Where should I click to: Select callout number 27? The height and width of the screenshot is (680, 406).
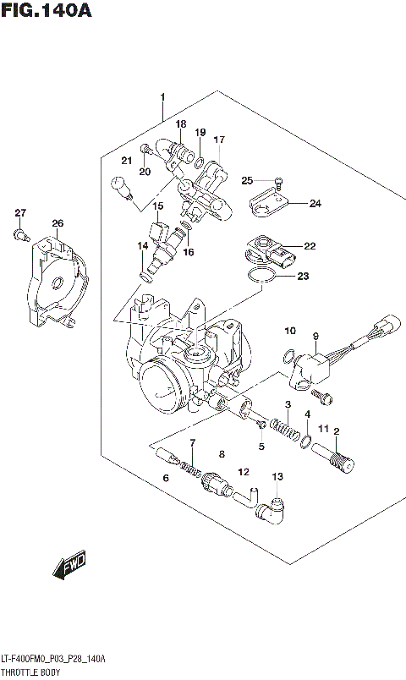coord(20,212)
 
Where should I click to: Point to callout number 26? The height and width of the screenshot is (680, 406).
coord(57,224)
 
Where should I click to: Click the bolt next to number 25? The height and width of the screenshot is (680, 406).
coord(278,181)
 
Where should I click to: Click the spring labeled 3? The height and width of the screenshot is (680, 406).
coord(289,425)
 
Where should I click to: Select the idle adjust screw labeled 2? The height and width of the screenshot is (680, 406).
coord(339,461)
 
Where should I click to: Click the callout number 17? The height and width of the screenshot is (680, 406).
coord(219,140)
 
